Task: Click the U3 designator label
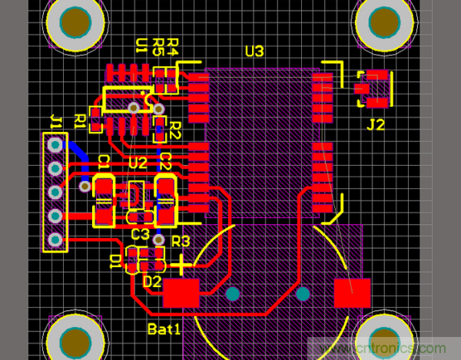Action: [x=254, y=51]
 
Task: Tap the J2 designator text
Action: [x=375, y=124]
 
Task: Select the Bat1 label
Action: [x=164, y=329]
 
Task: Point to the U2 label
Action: [x=138, y=163]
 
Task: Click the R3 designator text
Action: [x=181, y=241]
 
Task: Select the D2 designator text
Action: [x=152, y=281]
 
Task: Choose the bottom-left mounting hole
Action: [x=75, y=339]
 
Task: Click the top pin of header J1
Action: [x=55, y=144]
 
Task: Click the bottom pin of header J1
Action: [x=55, y=240]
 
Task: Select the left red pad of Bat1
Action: [x=181, y=292]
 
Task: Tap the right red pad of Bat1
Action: [x=352, y=292]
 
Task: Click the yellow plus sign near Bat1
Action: [x=181, y=266]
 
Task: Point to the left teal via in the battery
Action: [x=232, y=293]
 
